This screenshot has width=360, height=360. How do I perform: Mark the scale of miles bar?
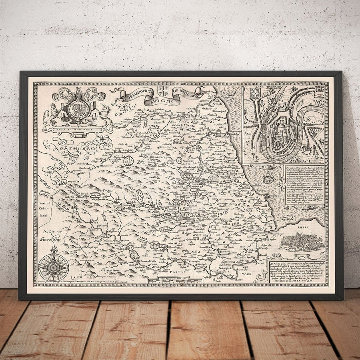pyautogui.click(x=175, y=281)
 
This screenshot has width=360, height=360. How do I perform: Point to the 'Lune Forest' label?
pyautogui.click(x=77, y=248)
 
